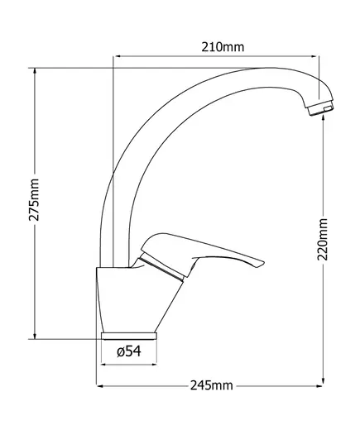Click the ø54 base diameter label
[x=128, y=351]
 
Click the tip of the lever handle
[x=262, y=265]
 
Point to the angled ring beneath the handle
[x=166, y=268]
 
